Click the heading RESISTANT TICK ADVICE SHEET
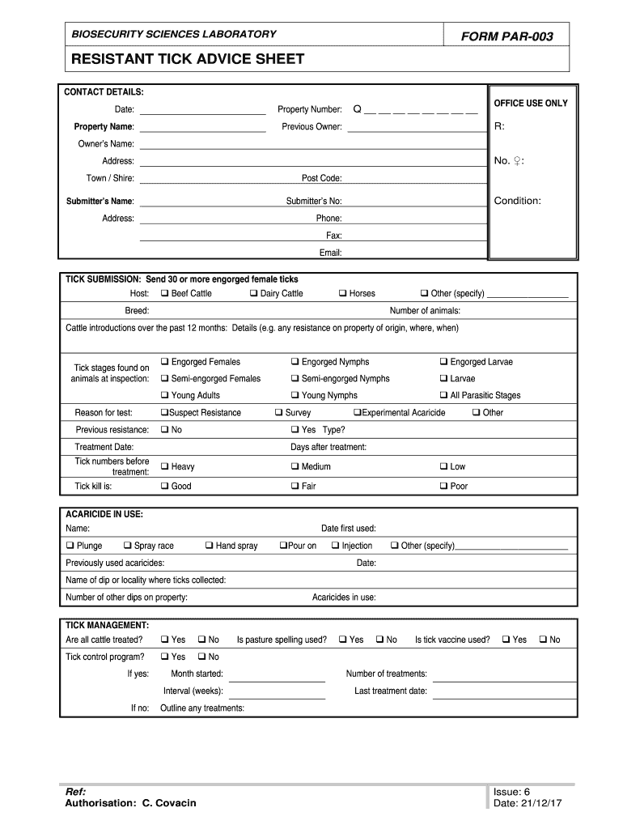pyautogui.click(x=188, y=59)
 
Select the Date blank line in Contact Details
pyautogui.click(x=202, y=110)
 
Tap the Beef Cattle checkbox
pyautogui.click(x=164, y=293)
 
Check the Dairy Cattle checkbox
pyautogui.click(x=253, y=293)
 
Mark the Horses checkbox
pyautogui.click(x=342, y=293)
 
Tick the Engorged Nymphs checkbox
pyautogui.click(x=295, y=362)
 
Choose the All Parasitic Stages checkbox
pyautogui.click(x=443, y=395)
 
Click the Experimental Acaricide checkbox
pyautogui.click(x=357, y=413)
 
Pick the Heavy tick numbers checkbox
pyautogui.click(x=164, y=466)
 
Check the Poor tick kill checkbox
pyautogui.click(x=443, y=487)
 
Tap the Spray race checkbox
pyautogui.click(x=127, y=546)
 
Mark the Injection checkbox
pyautogui.click(x=335, y=546)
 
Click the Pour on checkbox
pyautogui.click(x=282, y=546)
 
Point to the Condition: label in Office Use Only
pyautogui.click(x=518, y=201)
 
